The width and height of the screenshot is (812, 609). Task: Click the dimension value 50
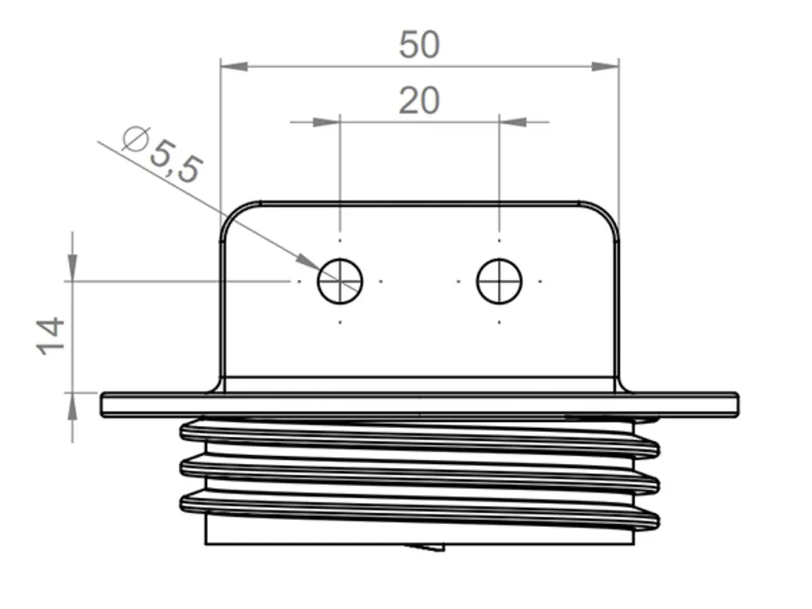pyautogui.click(x=419, y=45)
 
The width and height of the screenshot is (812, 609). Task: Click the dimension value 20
pyautogui.click(x=419, y=101)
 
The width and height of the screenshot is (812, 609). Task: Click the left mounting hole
pyautogui.click(x=340, y=281)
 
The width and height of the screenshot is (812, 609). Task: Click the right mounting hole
pyautogui.click(x=500, y=281)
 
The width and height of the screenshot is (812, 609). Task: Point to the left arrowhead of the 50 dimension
pyautogui.click(x=233, y=66)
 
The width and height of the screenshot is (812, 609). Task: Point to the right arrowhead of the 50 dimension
pyautogui.click(x=606, y=66)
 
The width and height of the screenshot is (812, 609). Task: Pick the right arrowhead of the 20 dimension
pyautogui.click(x=513, y=122)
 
